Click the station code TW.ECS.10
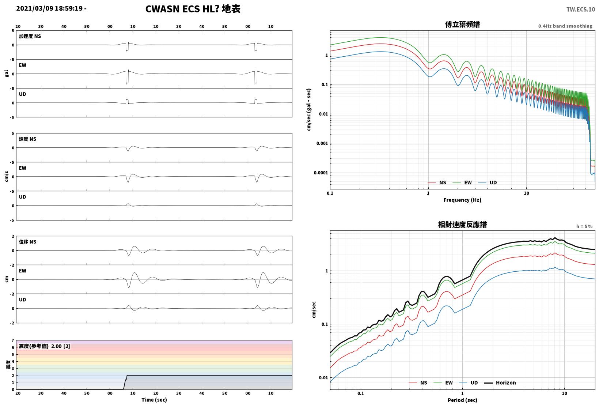coord(581,10)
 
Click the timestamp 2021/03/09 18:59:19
coord(49,8)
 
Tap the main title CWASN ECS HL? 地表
coord(193,9)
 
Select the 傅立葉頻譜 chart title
coord(462,25)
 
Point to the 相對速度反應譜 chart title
coord(462,225)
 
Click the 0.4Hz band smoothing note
coord(565,26)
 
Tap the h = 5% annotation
coord(584,226)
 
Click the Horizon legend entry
coord(500,382)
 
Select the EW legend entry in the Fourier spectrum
coord(462,182)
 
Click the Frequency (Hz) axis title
coord(462,200)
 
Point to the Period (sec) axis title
coord(462,400)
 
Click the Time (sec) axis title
coord(154,400)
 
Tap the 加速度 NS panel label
coord(30,36)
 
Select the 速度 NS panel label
coord(27,139)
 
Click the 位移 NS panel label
coord(27,242)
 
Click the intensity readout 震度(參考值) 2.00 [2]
coord(44,346)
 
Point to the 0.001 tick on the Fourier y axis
coord(322,143)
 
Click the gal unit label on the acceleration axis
coord(7,74)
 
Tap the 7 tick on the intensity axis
coord(13,340)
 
